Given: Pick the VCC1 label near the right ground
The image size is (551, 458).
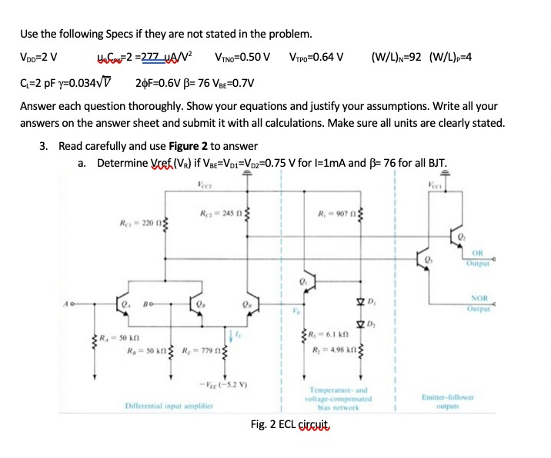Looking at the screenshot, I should point(436,184).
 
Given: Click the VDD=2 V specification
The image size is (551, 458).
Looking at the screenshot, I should point(38,55).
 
